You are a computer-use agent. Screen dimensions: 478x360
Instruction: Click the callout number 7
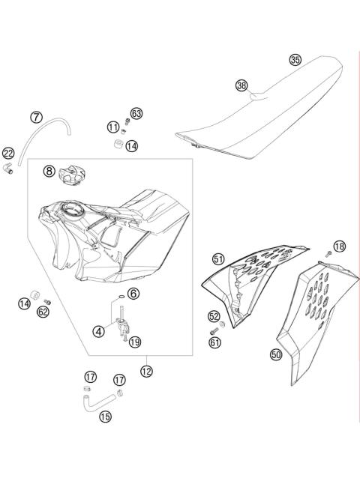(x=35, y=117)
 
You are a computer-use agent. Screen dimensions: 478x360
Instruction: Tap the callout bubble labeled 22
(x=8, y=153)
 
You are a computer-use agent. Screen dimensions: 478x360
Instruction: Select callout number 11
(x=112, y=127)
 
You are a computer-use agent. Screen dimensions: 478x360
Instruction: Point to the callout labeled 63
(x=136, y=113)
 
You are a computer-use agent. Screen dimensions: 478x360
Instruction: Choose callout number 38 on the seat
(x=241, y=85)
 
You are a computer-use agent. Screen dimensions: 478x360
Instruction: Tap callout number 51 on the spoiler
(x=218, y=259)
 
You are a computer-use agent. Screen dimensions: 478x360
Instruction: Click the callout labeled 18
(x=340, y=246)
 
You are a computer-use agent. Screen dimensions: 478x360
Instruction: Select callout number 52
(x=214, y=316)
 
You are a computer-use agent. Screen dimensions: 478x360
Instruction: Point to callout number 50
(x=276, y=355)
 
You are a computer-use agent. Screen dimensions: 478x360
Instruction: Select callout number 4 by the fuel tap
(x=99, y=330)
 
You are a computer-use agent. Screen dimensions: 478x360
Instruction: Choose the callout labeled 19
(x=134, y=342)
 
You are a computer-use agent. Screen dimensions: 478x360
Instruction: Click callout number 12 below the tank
(x=146, y=369)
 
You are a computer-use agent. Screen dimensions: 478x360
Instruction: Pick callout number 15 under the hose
(x=104, y=416)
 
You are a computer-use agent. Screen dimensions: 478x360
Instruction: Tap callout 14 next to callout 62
(x=25, y=303)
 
